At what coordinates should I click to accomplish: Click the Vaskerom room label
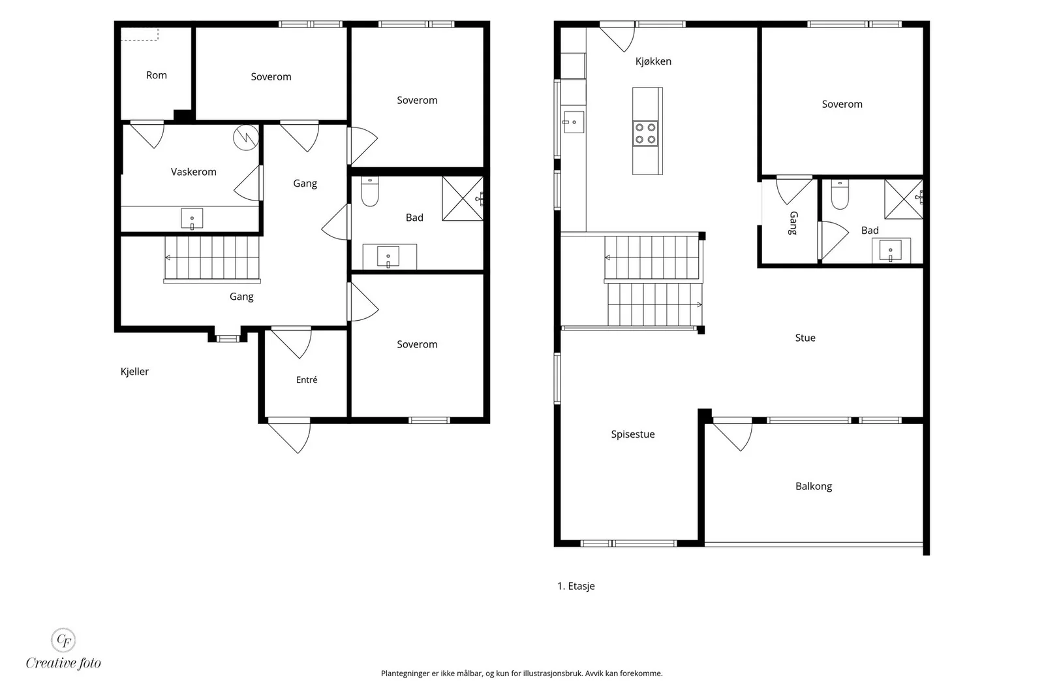point(193,172)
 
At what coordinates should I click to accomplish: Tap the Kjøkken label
point(653,61)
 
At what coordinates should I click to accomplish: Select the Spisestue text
point(632,434)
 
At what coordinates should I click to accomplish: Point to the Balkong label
point(813,486)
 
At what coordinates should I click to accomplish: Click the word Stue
point(805,338)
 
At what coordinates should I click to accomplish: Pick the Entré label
point(306,380)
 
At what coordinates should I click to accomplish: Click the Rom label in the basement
point(156,75)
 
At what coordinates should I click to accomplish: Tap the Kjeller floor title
point(134,371)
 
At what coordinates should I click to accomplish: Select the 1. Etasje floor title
point(576,586)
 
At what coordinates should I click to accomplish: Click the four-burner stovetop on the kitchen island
point(645,133)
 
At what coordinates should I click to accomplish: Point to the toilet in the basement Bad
point(369,191)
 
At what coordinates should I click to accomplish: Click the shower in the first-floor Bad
point(904,199)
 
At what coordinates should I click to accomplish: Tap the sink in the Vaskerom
point(192,219)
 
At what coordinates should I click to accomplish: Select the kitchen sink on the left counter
point(574,122)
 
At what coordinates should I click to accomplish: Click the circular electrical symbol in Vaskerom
point(246,137)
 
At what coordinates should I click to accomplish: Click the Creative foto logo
point(63,649)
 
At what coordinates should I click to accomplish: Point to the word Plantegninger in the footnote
point(405,673)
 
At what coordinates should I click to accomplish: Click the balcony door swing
point(733,434)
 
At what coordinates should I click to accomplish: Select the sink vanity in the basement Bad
point(390,257)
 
